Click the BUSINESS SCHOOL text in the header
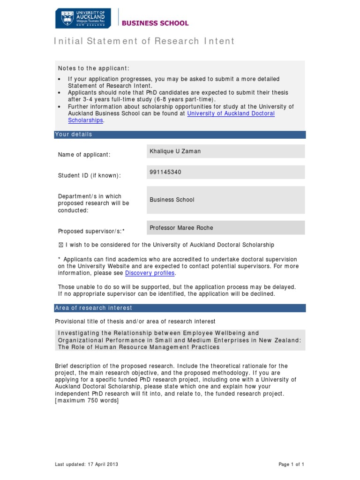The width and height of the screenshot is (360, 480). point(155,23)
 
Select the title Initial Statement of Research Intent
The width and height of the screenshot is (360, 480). point(144,41)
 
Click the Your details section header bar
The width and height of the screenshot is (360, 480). point(180,135)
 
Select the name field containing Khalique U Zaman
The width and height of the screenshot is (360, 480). point(225,151)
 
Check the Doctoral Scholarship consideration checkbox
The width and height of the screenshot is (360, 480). point(60,245)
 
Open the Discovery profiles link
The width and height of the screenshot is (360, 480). point(150,273)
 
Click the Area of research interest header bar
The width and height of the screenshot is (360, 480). point(180,308)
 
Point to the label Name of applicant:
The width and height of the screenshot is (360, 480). point(84,155)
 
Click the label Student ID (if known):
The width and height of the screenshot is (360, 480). point(89,175)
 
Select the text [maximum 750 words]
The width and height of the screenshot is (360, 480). point(87,400)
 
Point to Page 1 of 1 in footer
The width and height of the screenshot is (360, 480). point(291,464)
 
